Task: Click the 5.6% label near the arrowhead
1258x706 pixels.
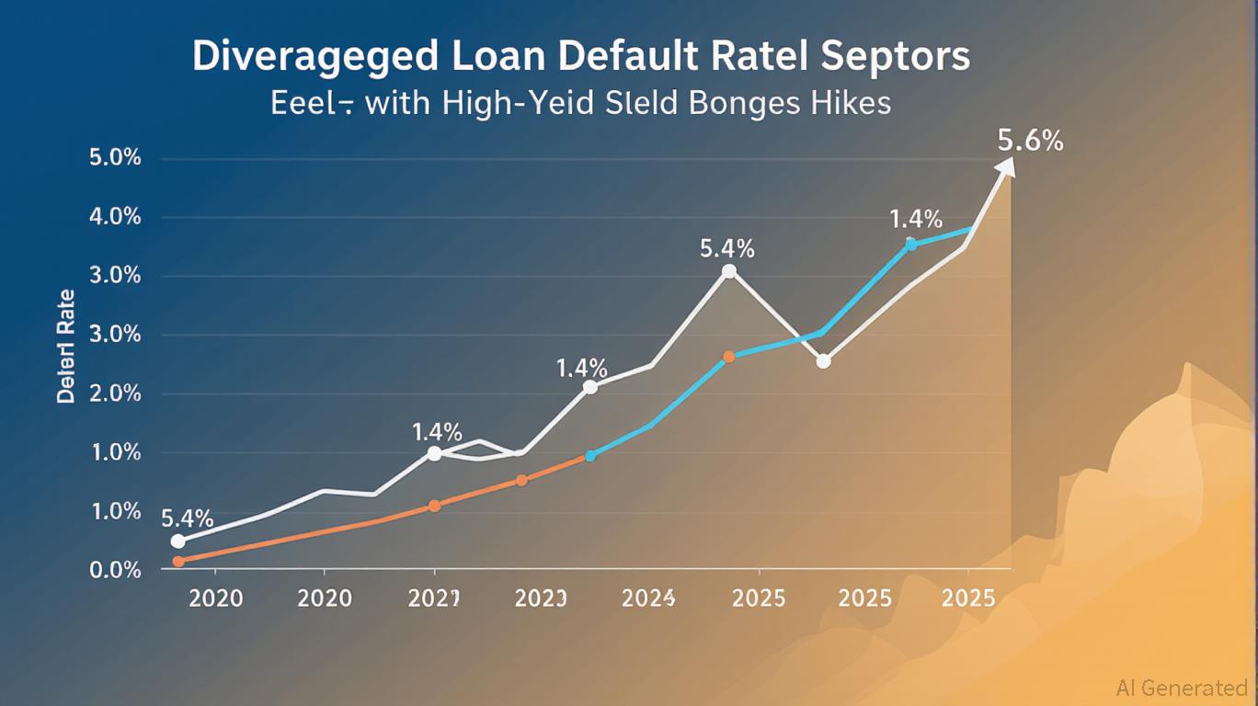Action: point(1030,141)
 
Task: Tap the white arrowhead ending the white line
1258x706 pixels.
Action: point(1007,166)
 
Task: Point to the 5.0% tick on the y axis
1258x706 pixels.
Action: point(115,158)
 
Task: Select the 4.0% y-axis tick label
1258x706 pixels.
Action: point(115,217)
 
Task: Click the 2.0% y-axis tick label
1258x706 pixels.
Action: point(115,393)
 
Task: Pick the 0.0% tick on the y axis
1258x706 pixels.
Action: point(115,570)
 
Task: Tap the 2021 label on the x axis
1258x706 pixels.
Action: point(433,598)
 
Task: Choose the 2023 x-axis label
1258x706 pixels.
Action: point(541,598)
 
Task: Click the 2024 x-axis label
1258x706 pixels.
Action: point(649,598)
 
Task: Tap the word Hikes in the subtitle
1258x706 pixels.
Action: point(852,102)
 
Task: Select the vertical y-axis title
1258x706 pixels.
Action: point(66,347)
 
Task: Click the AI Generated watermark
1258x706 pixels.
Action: point(1181,688)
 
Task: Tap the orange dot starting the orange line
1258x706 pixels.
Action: point(178,561)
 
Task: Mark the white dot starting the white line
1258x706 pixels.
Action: point(178,541)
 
